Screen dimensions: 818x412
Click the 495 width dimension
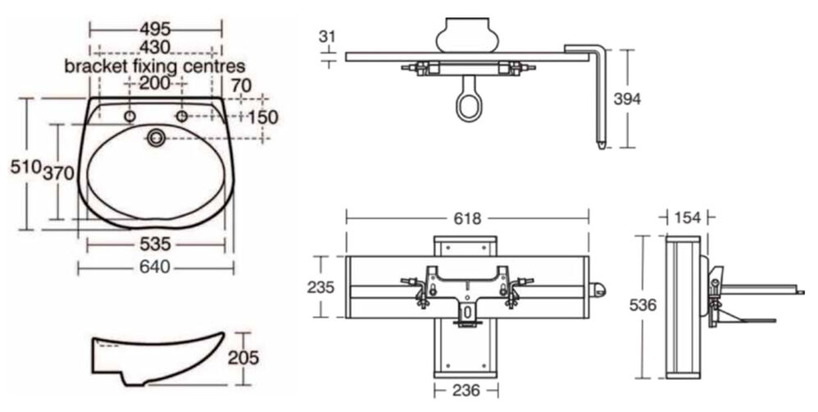(156, 29)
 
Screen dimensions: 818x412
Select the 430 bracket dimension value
(155, 48)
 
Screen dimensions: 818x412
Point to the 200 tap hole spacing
(155, 83)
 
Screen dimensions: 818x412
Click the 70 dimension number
(241, 85)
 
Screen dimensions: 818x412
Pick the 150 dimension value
(262, 117)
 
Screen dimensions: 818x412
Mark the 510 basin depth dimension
(25, 167)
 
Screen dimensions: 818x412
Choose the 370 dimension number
(58, 173)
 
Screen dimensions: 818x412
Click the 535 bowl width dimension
(155, 244)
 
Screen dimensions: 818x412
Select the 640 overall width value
(155, 268)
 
